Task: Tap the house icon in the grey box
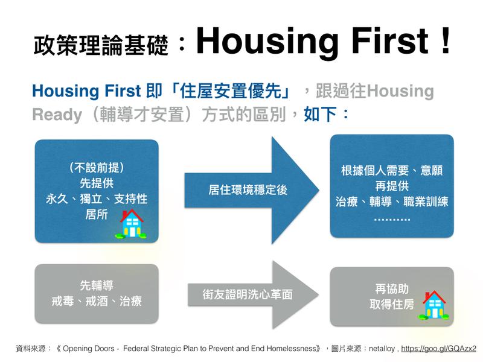434,305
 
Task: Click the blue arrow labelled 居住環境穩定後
251,190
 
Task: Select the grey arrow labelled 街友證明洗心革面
252,295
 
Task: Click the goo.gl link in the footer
438,349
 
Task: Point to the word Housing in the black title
267,41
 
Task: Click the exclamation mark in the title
446,40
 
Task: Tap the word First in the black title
390,40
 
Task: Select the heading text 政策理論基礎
101,45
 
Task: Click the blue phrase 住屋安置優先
231,91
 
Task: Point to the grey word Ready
57,115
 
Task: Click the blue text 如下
320,114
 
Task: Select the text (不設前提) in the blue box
97,168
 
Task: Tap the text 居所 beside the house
97,214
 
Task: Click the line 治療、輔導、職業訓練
392,202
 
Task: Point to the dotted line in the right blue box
392,220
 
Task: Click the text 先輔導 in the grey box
97,285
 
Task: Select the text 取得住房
392,305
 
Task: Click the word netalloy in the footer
382,349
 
